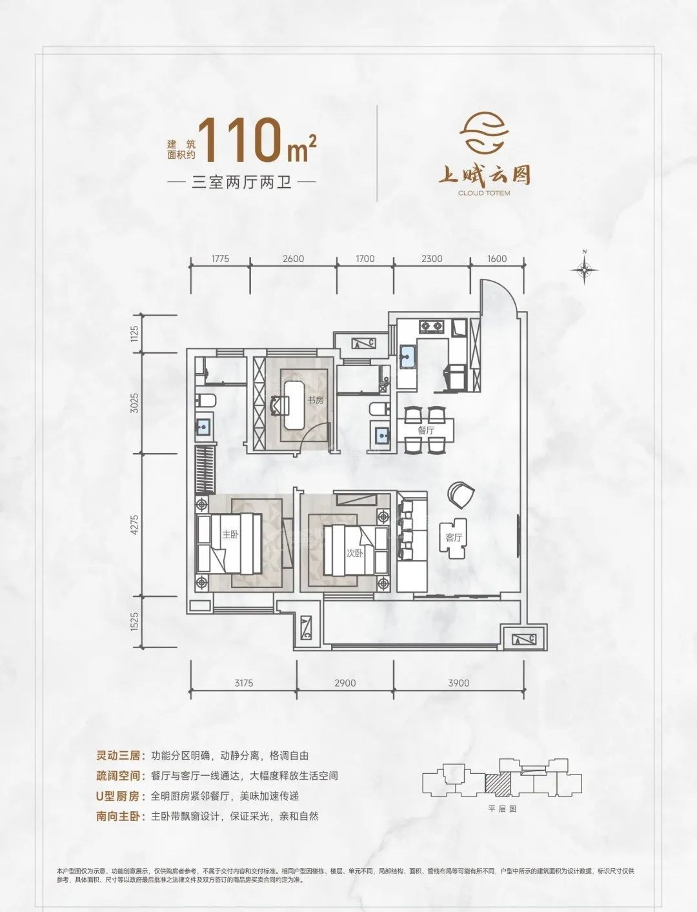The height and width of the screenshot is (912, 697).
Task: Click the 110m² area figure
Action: tap(258, 141)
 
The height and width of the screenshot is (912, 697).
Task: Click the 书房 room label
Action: tap(315, 400)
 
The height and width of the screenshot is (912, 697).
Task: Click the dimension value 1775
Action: tap(220, 259)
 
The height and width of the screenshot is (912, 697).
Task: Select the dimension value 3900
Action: tap(459, 683)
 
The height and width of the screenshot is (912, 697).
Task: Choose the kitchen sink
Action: tap(407, 354)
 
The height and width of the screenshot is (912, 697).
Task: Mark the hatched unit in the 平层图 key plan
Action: tap(496, 782)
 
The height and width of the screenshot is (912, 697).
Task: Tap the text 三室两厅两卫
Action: tap(242, 183)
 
